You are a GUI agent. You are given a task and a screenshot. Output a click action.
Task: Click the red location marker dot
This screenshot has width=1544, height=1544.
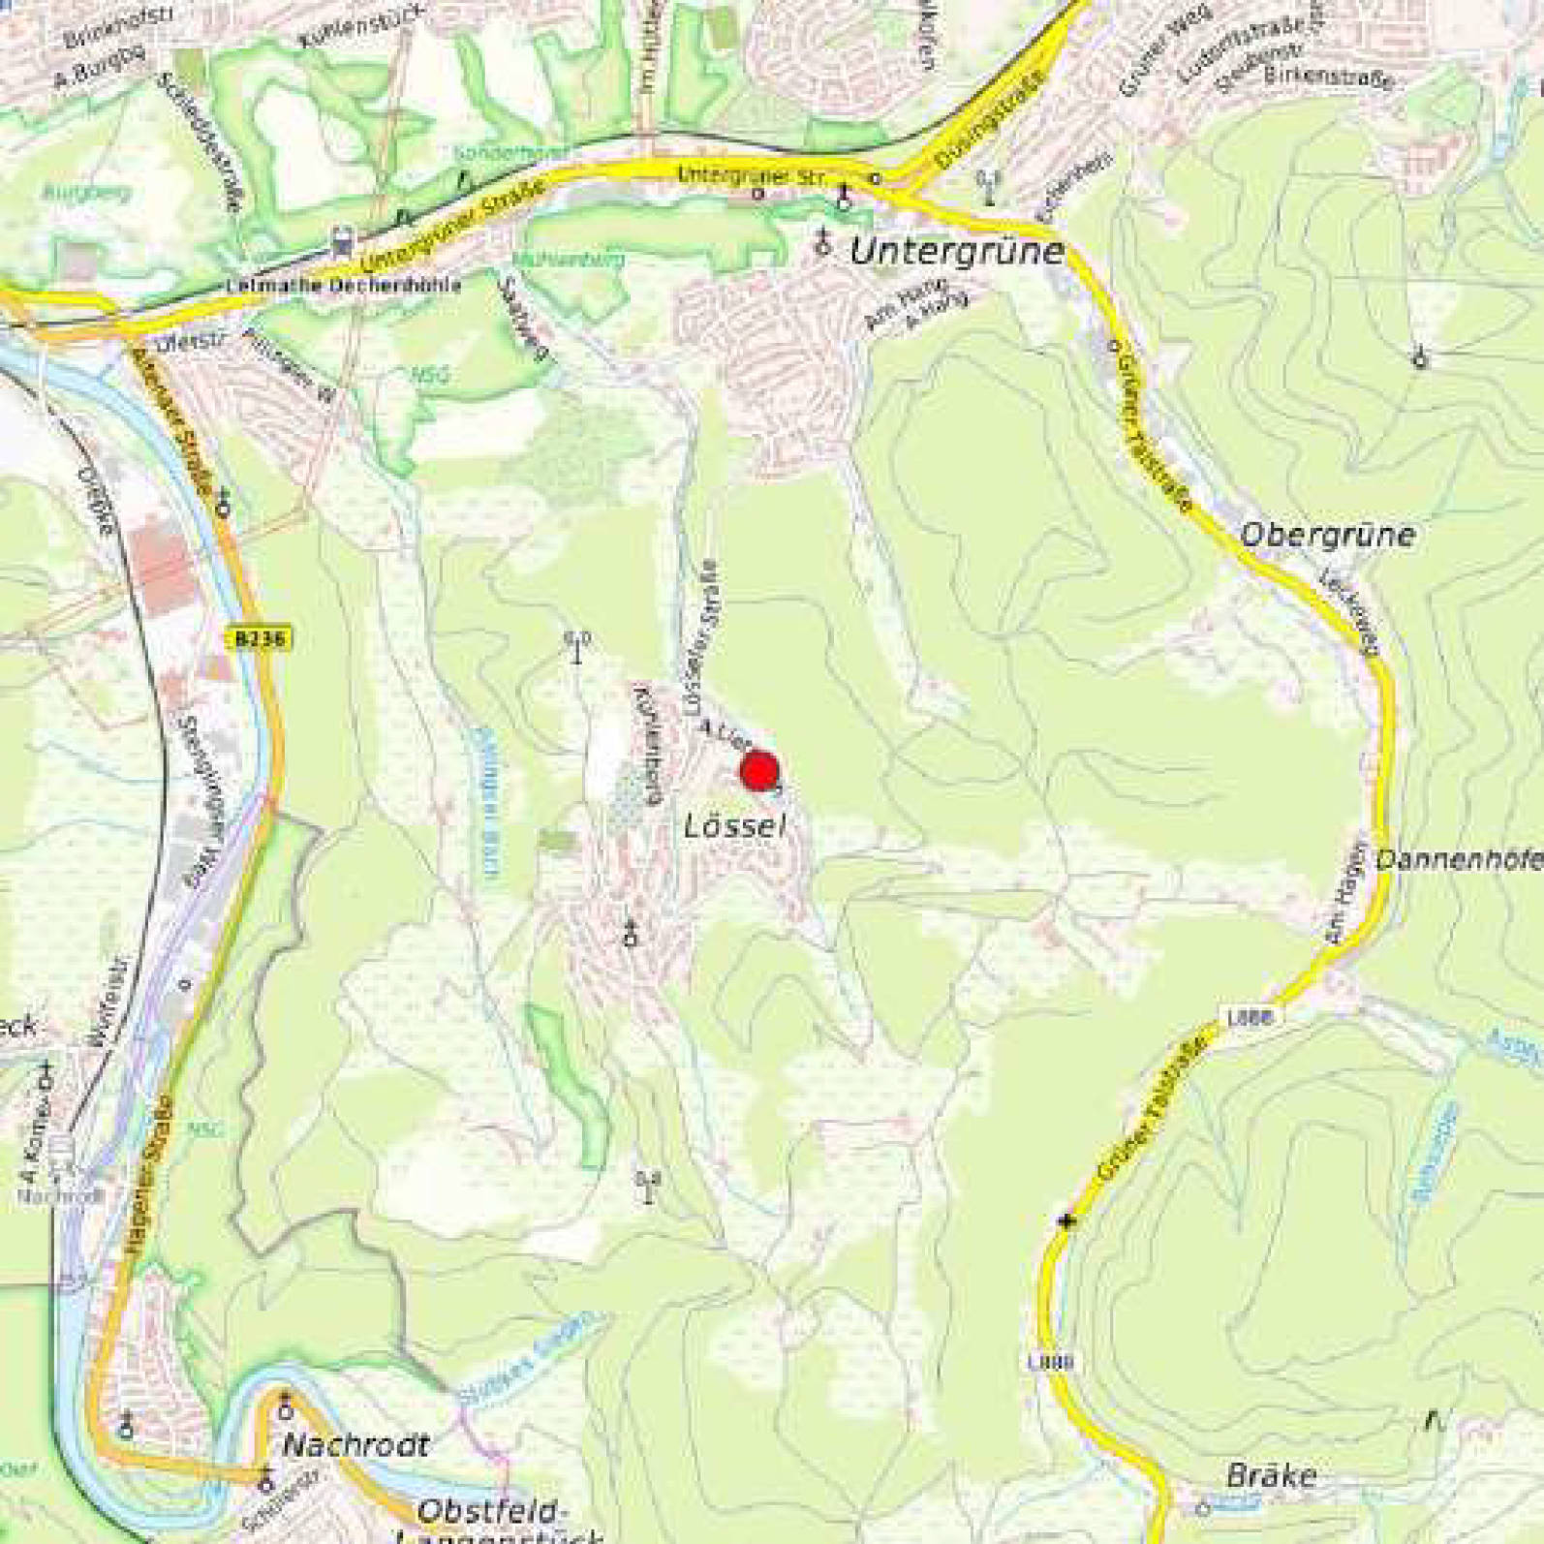tap(759, 772)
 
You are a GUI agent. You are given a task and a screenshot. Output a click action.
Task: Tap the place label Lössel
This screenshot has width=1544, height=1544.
tap(733, 827)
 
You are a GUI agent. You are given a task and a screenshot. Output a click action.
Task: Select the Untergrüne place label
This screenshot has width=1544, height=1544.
tap(957, 252)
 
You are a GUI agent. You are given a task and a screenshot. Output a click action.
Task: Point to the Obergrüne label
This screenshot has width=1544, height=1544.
tap(1327, 535)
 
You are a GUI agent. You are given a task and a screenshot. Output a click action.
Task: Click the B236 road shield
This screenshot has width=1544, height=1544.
tap(262, 639)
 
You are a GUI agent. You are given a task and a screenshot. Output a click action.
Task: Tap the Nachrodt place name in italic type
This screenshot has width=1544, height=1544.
tap(355, 1446)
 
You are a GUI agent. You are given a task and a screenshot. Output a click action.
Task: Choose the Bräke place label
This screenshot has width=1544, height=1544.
tap(1271, 1476)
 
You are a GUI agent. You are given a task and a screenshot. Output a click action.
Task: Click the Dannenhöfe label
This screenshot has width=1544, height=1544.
tap(1458, 859)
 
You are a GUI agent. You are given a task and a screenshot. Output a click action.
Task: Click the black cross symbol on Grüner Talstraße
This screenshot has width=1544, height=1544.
tap(1067, 1221)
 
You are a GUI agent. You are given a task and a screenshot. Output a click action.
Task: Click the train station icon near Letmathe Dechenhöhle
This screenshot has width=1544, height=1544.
tap(340, 237)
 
